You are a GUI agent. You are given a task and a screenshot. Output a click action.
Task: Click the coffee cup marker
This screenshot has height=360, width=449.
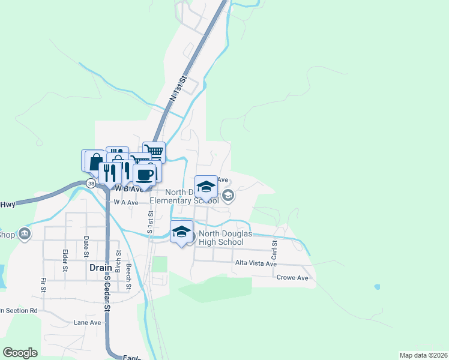pyautogui.click(x=144, y=175)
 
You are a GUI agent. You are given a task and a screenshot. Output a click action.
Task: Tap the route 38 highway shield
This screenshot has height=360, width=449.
pyautogui.click(x=90, y=183)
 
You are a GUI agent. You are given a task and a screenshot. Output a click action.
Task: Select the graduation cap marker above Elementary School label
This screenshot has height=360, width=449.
pyautogui.click(x=206, y=187)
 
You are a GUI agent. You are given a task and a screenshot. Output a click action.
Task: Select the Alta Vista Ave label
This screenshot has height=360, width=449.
pyautogui.click(x=256, y=263)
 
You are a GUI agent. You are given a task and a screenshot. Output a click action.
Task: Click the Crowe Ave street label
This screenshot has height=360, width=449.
pyautogui.click(x=292, y=278)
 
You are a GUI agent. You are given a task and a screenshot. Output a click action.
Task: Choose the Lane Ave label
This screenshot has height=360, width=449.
pyautogui.click(x=87, y=322)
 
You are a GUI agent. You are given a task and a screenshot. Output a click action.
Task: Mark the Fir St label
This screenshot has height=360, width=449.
pyautogui.click(x=43, y=285)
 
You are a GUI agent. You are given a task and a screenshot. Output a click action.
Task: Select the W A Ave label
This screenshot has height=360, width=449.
pyautogui.click(x=126, y=203)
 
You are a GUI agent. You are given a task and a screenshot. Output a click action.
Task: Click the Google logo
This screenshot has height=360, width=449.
pyautogui.click(x=20, y=352)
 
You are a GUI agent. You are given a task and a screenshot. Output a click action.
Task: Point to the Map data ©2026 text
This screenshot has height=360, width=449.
pyautogui.click(x=423, y=355)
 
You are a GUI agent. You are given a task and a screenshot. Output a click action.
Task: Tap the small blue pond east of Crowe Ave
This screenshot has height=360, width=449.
pyautogui.click(x=376, y=287)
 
